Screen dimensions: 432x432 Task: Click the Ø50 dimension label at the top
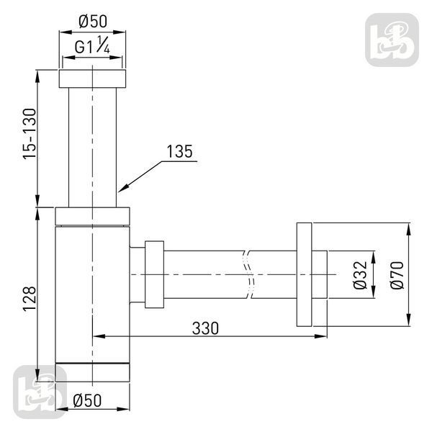93,22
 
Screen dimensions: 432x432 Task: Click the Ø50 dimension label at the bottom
87,400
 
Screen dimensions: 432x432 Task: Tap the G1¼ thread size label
92,45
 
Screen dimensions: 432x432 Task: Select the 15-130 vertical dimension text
30,134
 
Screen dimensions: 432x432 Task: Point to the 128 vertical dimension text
30,299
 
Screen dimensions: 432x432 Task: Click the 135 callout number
179,151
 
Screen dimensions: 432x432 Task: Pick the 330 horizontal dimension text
205,328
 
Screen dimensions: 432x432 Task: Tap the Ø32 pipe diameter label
361,275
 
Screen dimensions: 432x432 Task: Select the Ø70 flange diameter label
397,275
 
